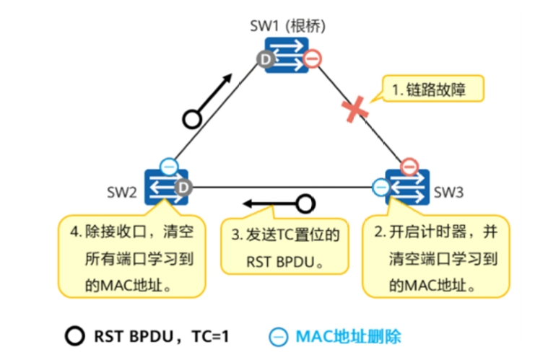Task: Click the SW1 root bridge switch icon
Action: (x=287, y=55)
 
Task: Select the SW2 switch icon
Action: (x=166, y=187)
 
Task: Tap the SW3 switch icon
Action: (x=407, y=187)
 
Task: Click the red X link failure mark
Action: (x=355, y=110)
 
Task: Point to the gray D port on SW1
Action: (x=266, y=59)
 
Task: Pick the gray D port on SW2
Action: (x=183, y=188)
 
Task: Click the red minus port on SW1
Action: (x=312, y=58)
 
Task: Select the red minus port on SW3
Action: (x=409, y=167)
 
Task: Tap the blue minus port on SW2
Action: (x=169, y=167)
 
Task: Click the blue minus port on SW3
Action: (x=381, y=188)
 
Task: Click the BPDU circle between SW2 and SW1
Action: (x=192, y=120)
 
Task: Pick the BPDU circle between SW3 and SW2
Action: (x=305, y=204)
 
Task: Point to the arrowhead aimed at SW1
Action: (x=227, y=78)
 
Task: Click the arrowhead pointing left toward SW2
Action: (x=248, y=203)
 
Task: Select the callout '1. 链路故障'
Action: (x=433, y=89)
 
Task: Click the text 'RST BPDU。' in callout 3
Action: (x=284, y=262)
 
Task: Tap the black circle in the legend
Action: (x=75, y=336)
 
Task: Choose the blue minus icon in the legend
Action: (x=278, y=337)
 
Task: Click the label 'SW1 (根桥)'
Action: (x=287, y=26)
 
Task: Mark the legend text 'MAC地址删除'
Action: (x=349, y=337)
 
